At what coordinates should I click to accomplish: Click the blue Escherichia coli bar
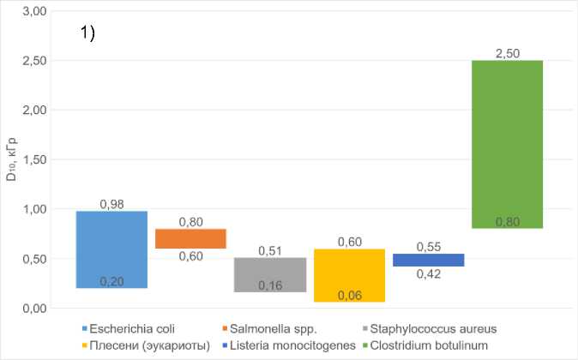tap(111, 249)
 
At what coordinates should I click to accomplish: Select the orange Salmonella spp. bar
tap(190, 238)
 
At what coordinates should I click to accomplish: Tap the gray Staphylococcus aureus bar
tap(270, 274)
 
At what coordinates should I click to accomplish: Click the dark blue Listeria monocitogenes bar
tap(428, 260)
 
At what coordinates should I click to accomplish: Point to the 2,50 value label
tap(508, 54)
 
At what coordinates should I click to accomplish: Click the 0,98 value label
tap(112, 204)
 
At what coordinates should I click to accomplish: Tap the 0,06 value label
tap(349, 295)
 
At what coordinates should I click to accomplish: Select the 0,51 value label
tap(270, 251)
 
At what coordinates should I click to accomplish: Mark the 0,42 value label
tap(428, 273)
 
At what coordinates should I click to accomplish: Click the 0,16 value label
tap(270, 285)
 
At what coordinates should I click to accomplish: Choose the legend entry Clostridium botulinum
tap(438, 345)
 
